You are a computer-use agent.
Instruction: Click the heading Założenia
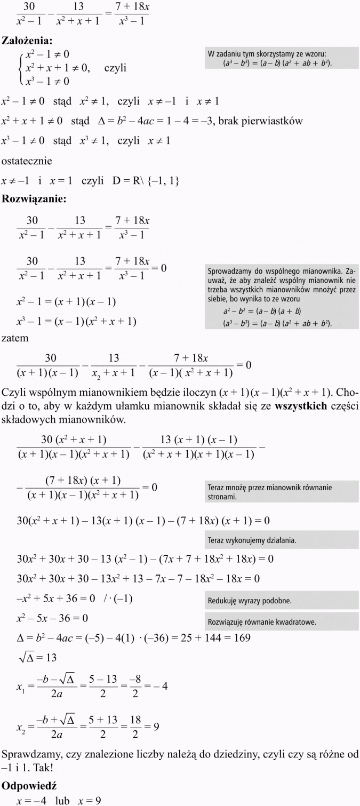30,41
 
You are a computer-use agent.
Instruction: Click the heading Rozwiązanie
34,199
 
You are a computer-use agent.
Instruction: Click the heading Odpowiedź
29,786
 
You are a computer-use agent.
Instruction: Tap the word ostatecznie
27,161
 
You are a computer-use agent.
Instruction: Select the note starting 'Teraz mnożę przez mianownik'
269,491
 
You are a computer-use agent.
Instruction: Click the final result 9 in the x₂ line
156,726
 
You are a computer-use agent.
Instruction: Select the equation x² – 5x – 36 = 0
52,618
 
